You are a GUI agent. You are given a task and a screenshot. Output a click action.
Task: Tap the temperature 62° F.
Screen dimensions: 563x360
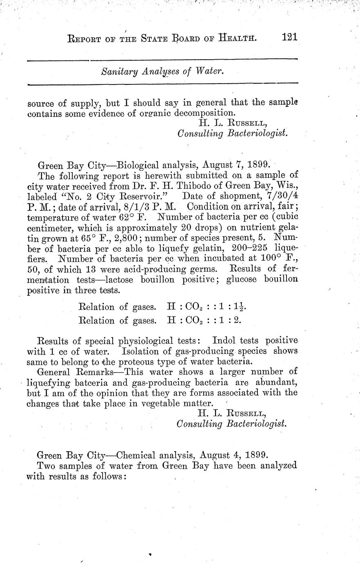(x=128, y=217)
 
